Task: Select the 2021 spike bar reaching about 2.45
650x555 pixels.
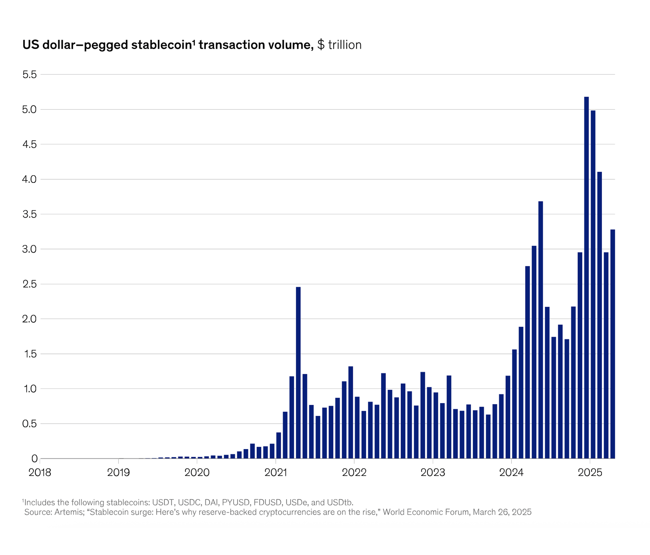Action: point(298,373)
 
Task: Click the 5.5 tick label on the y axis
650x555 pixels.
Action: point(30,75)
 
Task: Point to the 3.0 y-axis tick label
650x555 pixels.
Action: point(30,249)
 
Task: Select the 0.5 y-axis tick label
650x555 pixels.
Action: point(30,424)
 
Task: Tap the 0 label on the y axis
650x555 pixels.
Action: point(34,459)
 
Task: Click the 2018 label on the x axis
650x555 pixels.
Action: point(40,472)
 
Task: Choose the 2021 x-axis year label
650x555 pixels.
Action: point(276,472)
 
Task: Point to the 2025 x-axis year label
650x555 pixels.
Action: point(590,472)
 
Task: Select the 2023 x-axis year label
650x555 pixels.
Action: point(433,472)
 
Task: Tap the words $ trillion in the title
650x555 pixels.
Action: point(339,45)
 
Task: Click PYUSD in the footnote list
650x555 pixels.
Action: point(236,502)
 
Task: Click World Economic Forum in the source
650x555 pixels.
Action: point(426,512)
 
